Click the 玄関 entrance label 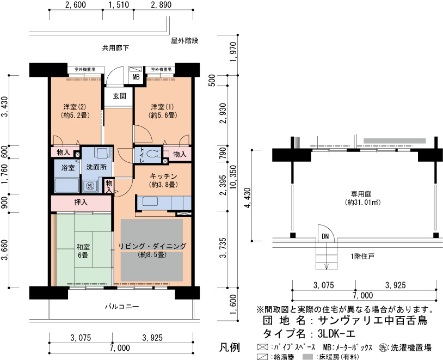click(x=119, y=96)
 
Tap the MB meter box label click(x=136, y=77)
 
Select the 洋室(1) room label click(x=163, y=111)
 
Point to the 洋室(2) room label click(x=75, y=111)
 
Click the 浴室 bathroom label click(x=68, y=168)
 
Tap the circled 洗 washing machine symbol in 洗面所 click(x=90, y=186)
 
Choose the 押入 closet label click(x=81, y=202)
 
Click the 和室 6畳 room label click(x=83, y=251)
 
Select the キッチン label click(x=163, y=180)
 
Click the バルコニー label click(x=122, y=307)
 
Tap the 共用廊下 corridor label click(x=115, y=48)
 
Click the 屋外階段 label click(x=185, y=41)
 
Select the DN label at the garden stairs click(x=325, y=236)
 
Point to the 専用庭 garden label click(x=362, y=198)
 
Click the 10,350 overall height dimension click(x=233, y=181)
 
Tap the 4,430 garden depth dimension click(x=248, y=198)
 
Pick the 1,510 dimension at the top click(x=119, y=5)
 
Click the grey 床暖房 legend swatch click(x=308, y=357)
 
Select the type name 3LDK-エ click(x=336, y=334)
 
